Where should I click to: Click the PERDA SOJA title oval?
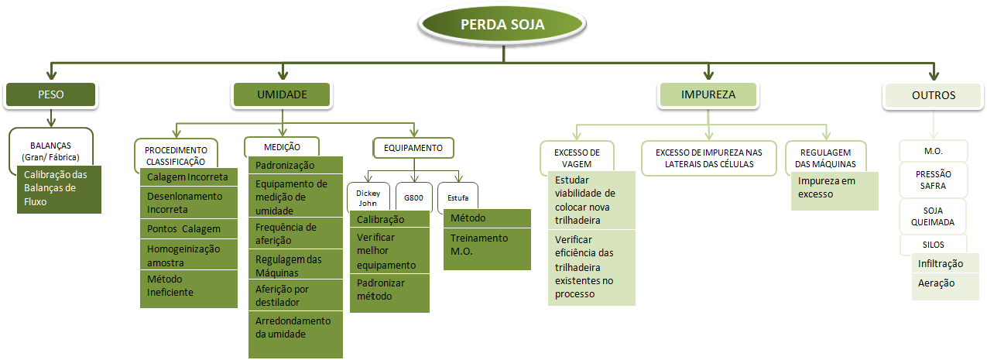click(502, 24)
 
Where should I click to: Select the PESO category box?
click(50, 95)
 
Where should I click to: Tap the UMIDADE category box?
click(282, 95)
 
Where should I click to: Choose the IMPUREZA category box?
click(708, 95)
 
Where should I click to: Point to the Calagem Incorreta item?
click(188, 177)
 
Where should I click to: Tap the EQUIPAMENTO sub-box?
click(413, 147)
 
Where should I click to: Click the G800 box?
click(413, 197)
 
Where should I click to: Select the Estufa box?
click(458, 197)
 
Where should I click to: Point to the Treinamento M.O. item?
click(487, 245)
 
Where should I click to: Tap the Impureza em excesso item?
click(834, 188)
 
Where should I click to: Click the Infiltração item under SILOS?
click(945, 264)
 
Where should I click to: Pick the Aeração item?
click(945, 283)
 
